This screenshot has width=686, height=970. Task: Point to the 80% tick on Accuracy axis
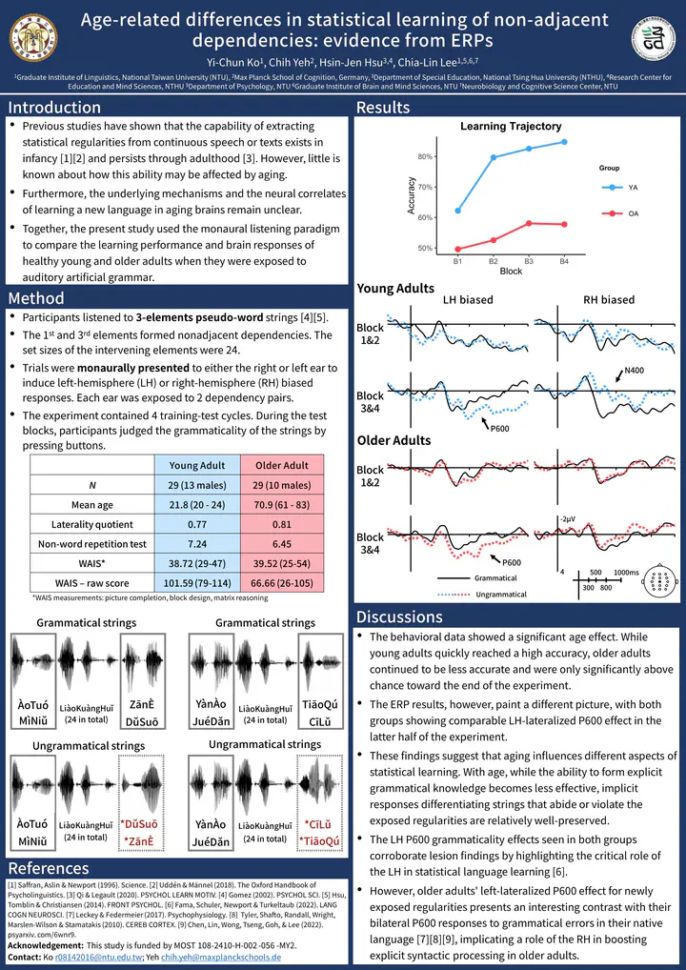click(x=426, y=157)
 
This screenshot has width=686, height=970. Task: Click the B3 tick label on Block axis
click(x=529, y=259)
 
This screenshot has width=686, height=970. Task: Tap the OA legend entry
click(x=633, y=213)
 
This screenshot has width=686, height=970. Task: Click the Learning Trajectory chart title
click(x=511, y=126)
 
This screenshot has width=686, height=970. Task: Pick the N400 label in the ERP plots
click(x=635, y=370)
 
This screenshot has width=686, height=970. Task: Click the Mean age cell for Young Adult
click(x=191, y=505)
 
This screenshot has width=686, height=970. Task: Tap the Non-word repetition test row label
click(x=92, y=544)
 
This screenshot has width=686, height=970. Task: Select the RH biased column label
click(x=608, y=299)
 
